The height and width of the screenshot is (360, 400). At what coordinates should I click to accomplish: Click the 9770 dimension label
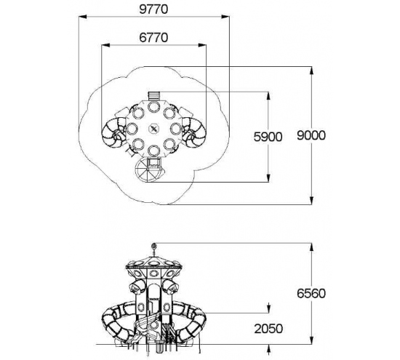pos(153,9)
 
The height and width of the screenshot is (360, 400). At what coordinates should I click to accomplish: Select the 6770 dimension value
pos(153,38)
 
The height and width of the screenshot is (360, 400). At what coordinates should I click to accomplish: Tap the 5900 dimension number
pos(268,137)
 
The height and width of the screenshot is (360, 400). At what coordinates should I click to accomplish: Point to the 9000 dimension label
pos(311,135)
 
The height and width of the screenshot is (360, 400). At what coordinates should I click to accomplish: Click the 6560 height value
pos(311,293)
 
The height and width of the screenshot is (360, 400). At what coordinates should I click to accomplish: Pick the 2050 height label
pos(268,329)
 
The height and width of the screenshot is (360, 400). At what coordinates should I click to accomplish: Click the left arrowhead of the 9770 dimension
pos(83,17)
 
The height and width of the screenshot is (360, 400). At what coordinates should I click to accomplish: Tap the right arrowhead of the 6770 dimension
pos(202,45)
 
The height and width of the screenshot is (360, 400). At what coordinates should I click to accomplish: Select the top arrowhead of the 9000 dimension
pos(311,71)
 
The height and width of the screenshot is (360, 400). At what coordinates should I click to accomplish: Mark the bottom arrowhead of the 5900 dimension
pos(268,178)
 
